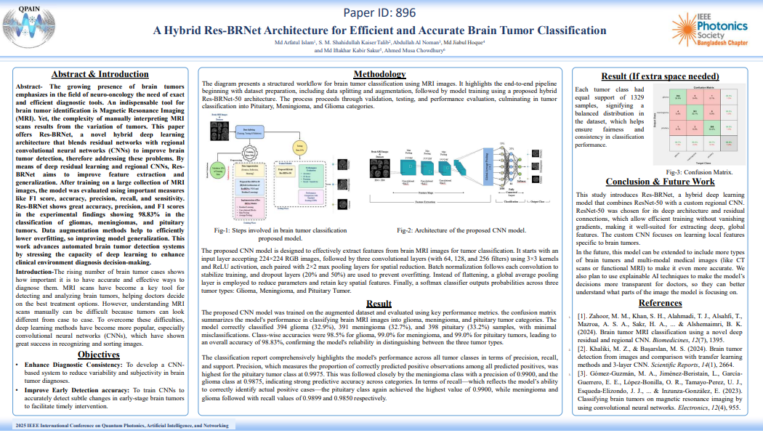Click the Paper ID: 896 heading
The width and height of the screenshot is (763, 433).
(380, 12)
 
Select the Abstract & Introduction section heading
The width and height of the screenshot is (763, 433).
(100, 74)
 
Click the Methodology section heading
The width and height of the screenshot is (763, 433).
(379, 74)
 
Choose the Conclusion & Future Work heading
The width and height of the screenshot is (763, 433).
(660, 182)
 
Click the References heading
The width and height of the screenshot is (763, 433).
(660, 303)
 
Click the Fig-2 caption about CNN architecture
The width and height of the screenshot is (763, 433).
(461, 230)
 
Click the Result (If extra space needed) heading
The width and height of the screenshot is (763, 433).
(660, 76)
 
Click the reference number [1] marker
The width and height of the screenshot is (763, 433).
(581, 317)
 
